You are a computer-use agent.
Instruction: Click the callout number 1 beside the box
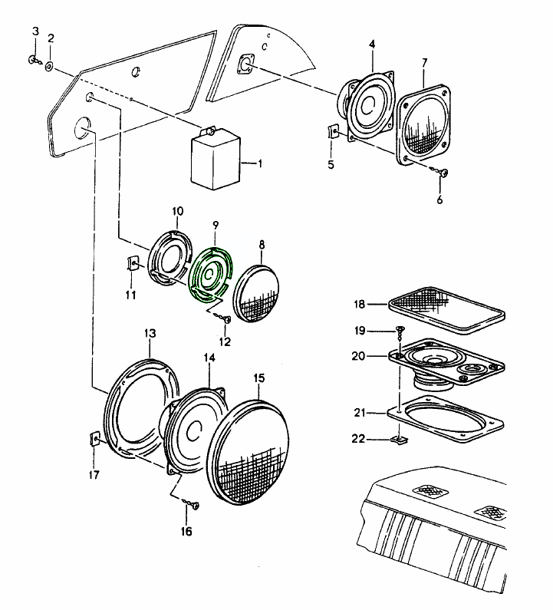click(259, 163)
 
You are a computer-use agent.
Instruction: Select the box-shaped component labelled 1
click(215, 160)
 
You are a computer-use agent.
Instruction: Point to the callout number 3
click(35, 31)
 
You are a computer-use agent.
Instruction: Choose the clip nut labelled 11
click(132, 265)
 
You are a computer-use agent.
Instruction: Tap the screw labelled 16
click(194, 506)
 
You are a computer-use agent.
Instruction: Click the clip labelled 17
click(95, 439)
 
